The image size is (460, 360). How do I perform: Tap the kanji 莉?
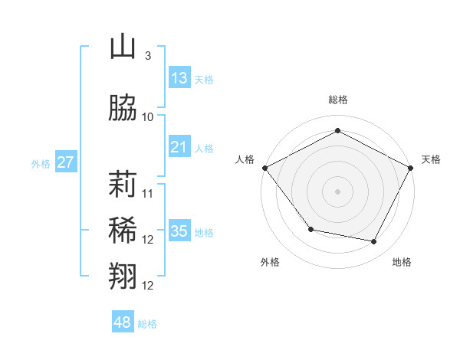click(123, 186)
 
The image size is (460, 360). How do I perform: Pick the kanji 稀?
click(123, 231)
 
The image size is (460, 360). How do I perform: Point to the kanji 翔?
click(123, 276)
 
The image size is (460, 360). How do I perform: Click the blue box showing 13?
click(179, 78)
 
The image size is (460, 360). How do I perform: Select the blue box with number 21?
click(179, 147)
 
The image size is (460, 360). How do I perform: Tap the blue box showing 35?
click(179, 231)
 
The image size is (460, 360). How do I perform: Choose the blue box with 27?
click(65, 162)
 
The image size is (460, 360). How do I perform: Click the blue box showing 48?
click(123, 322)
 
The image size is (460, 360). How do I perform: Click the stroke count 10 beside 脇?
click(148, 117)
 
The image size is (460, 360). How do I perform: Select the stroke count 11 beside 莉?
click(148, 194)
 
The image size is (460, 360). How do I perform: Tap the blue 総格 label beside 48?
click(147, 324)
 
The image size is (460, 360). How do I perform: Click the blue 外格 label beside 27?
click(40, 163)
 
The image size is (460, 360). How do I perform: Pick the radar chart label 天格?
click(431, 159)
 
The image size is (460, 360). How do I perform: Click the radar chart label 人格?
click(245, 159)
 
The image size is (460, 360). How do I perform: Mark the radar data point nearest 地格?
click(374, 242)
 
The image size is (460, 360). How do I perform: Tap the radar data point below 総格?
click(337, 130)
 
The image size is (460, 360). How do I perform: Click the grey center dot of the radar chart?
click(337, 191)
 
